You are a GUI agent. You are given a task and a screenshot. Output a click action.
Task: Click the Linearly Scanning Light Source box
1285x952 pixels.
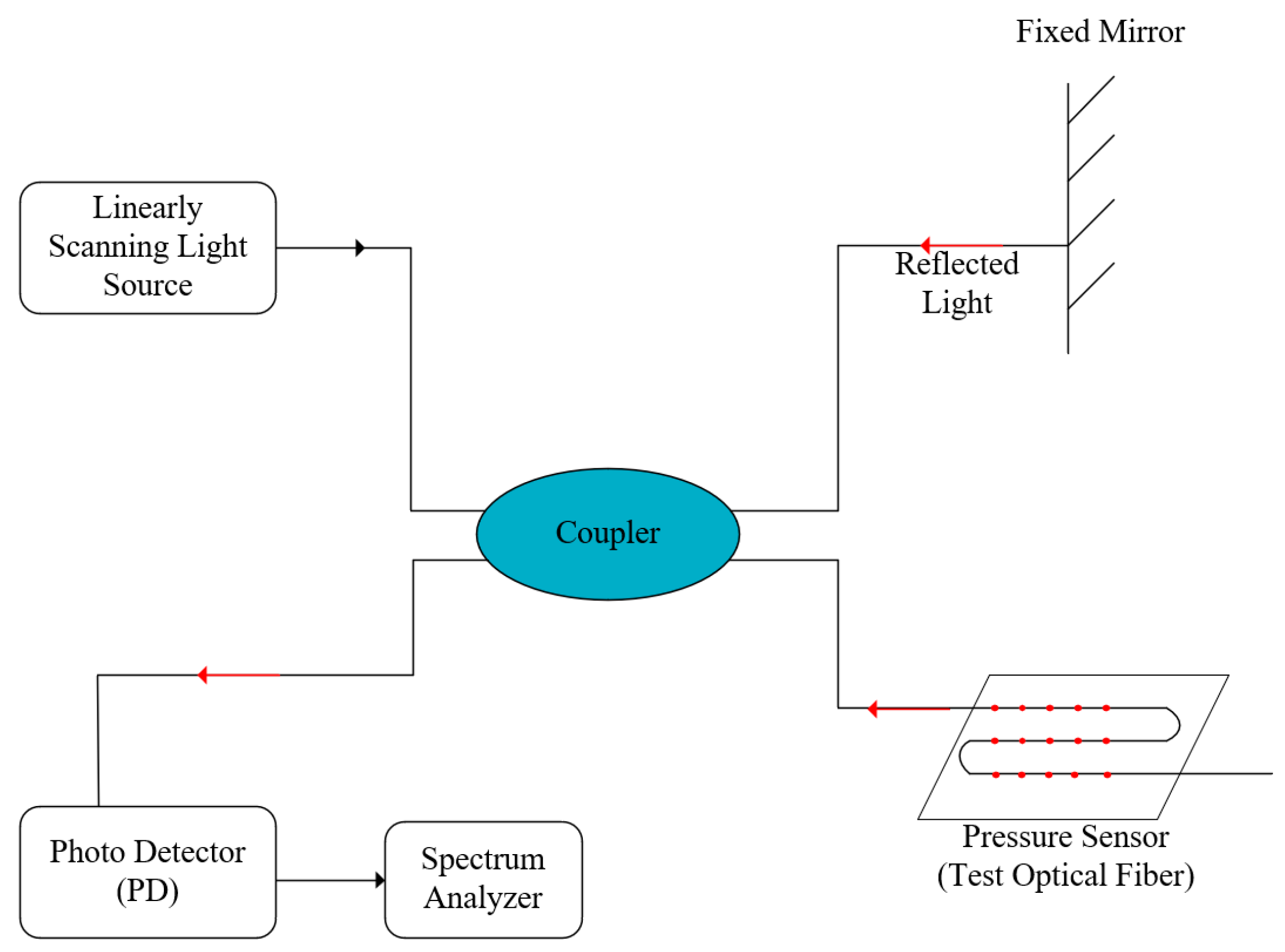[x=147, y=248]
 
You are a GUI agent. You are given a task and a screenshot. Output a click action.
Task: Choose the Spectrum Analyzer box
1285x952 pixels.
[x=483, y=878]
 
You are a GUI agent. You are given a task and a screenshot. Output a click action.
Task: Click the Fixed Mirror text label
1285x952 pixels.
[x=1099, y=31]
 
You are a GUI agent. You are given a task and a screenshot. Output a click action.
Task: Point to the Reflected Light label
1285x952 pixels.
[x=956, y=283]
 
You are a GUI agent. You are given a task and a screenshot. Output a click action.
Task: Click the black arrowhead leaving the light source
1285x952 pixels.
[x=359, y=247]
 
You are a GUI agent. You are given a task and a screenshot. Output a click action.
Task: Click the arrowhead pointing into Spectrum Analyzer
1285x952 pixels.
[x=379, y=880]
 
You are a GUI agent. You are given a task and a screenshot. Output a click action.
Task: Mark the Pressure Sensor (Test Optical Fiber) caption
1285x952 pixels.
[x=1065, y=855]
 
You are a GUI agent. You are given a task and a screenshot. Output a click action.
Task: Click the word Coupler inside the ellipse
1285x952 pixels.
[x=607, y=532]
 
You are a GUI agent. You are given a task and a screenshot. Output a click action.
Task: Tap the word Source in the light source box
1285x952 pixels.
[x=147, y=285]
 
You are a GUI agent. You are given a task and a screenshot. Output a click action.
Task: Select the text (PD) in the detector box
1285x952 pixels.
[x=147, y=891]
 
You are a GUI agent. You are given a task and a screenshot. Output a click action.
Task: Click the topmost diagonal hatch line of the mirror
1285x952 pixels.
[x=1090, y=100]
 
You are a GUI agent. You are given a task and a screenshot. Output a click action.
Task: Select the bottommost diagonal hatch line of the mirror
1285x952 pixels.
[x=1090, y=286]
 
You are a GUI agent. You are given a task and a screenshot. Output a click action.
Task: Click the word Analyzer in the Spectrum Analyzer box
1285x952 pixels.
[x=483, y=898]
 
